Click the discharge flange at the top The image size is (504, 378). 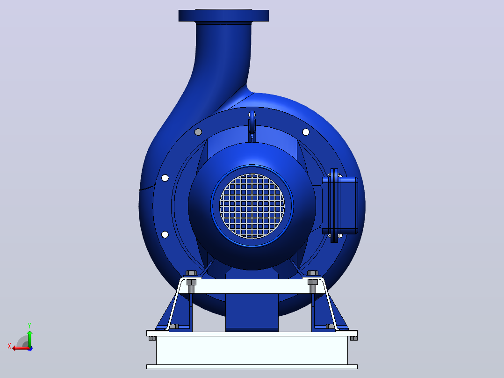(x=223, y=15)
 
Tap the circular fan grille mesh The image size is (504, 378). (x=252, y=206)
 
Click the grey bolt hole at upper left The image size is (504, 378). (x=198, y=132)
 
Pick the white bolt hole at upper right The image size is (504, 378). (x=306, y=132)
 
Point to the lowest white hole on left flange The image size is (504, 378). (x=165, y=234)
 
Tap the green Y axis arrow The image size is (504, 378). (x=29, y=339)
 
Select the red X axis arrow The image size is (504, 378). (x=21, y=348)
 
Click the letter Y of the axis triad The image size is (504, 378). (x=29, y=325)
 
